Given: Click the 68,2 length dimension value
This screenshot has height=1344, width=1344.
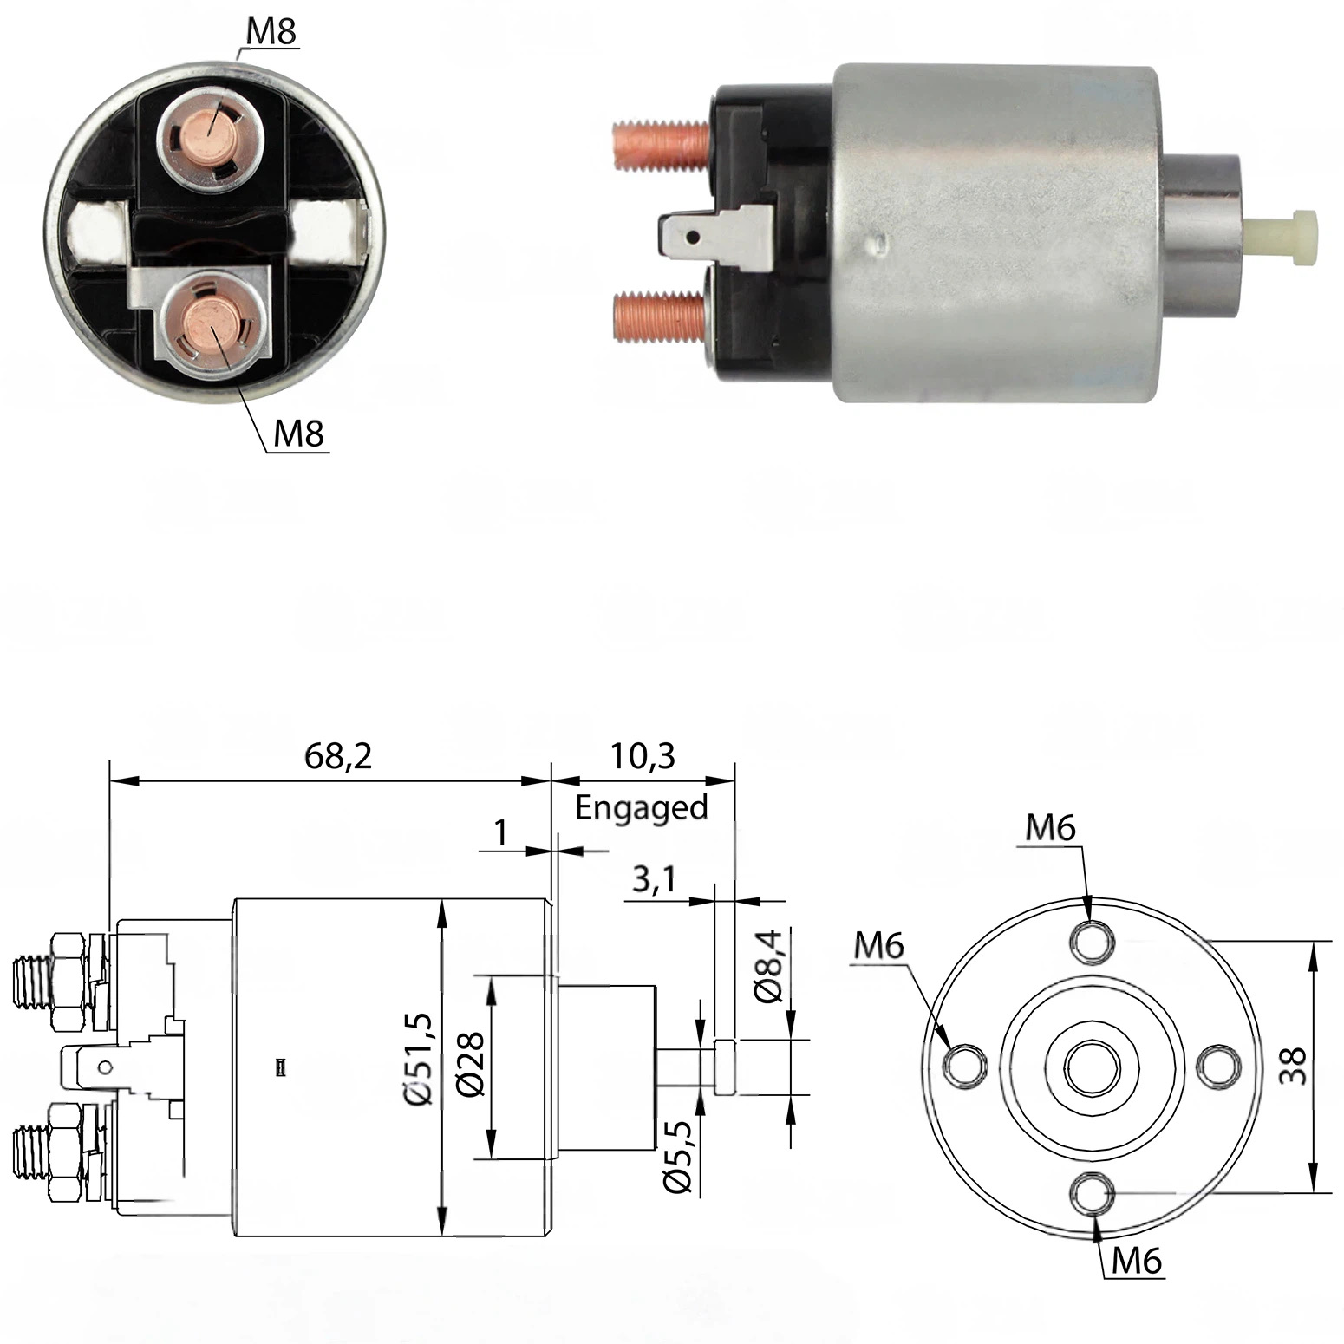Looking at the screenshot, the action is [338, 756].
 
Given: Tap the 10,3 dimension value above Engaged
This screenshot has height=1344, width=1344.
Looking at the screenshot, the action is [642, 756].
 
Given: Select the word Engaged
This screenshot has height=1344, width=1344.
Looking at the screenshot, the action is [642, 808].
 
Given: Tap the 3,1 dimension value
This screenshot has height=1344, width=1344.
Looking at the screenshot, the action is [654, 880].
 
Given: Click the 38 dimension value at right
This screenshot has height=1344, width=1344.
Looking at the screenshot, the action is [1292, 1065].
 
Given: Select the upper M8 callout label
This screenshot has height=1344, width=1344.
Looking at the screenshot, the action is [271, 31].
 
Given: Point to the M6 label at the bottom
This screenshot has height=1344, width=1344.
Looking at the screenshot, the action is [1136, 1260].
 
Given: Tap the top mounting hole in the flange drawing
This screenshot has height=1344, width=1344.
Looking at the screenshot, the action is [1092, 941].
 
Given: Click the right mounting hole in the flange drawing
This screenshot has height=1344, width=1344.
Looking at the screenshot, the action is [1219, 1066].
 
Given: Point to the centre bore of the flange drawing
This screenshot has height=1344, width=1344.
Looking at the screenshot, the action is [1092, 1068].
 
